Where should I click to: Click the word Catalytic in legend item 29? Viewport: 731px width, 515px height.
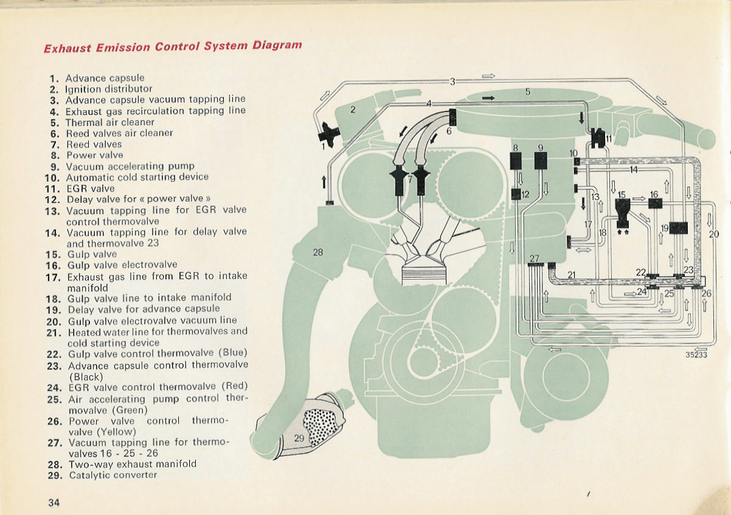(x=89, y=475)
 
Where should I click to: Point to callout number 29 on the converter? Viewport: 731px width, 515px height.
(x=299, y=438)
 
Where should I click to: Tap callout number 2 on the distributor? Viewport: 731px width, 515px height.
(x=352, y=109)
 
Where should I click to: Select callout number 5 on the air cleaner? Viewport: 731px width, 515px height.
(x=528, y=92)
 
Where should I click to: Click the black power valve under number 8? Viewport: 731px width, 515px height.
(x=515, y=161)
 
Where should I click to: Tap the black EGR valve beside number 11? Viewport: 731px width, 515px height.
(x=597, y=138)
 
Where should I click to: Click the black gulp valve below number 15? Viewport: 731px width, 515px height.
(x=622, y=213)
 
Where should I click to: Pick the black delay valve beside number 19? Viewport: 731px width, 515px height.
(x=679, y=228)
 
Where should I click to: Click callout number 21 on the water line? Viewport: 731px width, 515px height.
(x=571, y=274)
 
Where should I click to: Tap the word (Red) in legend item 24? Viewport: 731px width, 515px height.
(x=235, y=386)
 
